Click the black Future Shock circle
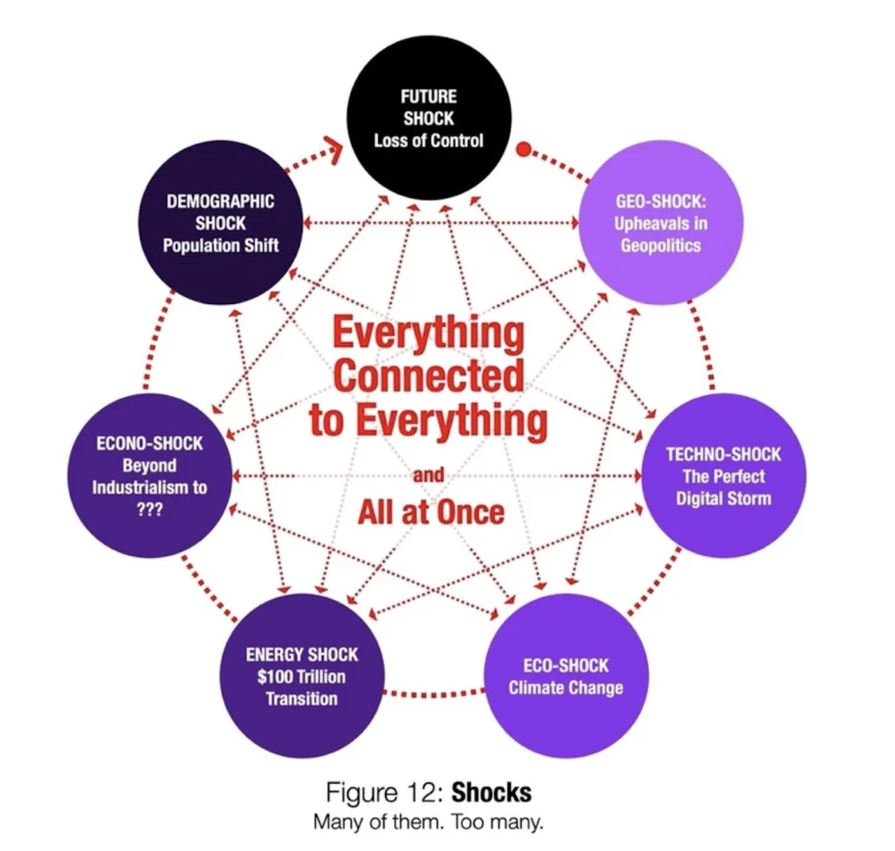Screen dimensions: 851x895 click(x=428, y=118)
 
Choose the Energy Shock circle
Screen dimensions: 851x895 click(x=301, y=676)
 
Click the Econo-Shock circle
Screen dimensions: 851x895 click(x=149, y=476)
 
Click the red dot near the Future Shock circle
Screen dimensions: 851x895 click(x=525, y=151)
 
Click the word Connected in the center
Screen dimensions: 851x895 click(x=428, y=376)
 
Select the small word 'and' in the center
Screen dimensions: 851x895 click(x=428, y=475)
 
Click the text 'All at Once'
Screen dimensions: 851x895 click(x=431, y=511)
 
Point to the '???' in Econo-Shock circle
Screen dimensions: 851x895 click(x=149, y=509)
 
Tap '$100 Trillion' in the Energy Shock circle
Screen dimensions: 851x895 click(x=301, y=676)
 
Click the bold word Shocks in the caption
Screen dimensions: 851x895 click(x=490, y=793)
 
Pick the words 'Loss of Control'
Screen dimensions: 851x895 click(x=428, y=140)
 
